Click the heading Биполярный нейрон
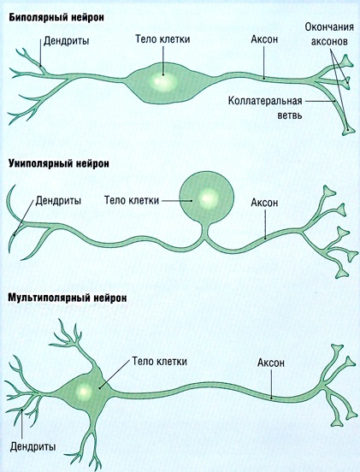[56, 18]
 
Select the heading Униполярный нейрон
[59, 164]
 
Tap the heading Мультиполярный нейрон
[67, 298]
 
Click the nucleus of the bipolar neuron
[162, 81]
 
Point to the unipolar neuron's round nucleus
[209, 198]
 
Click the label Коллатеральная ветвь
[265, 108]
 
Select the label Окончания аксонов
[329, 33]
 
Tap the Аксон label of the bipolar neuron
[264, 39]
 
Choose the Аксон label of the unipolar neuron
[264, 203]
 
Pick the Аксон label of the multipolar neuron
[270, 363]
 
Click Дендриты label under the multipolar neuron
[32, 446]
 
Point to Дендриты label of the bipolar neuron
[66, 41]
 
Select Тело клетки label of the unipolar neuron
[132, 200]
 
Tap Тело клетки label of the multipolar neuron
[160, 361]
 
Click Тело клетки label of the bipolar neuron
[162, 39]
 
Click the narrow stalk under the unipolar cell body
[206, 231]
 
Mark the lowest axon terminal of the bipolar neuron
[349, 131]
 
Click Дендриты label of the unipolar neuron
[58, 200]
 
